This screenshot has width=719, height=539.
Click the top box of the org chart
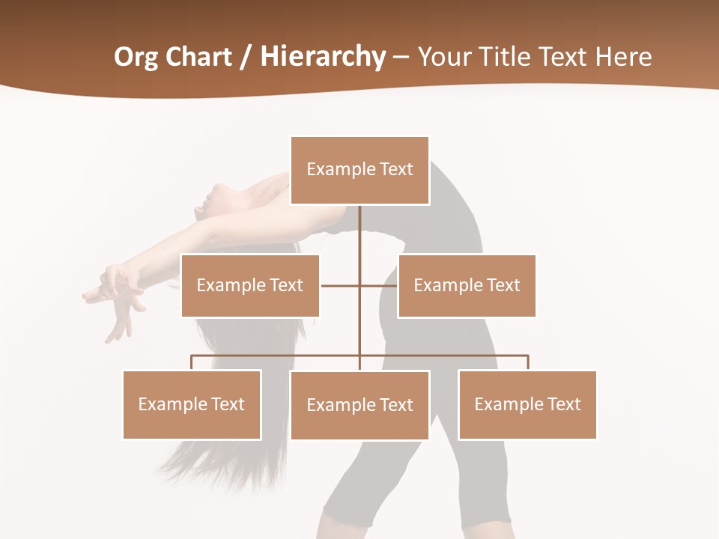point(359,170)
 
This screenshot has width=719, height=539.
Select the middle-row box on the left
point(250,285)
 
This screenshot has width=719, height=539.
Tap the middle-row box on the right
point(467,285)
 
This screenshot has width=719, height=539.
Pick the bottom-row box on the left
point(192,404)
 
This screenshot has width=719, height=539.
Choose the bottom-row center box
point(359,405)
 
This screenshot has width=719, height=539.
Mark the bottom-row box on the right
point(527,404)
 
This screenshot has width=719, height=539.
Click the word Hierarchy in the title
point(323,57)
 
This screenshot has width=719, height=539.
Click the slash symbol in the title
point(246,58)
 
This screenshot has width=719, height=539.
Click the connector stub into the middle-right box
point(380,285)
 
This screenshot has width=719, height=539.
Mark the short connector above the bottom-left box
point(192,362)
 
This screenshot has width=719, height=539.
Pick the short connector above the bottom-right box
point(527,362)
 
